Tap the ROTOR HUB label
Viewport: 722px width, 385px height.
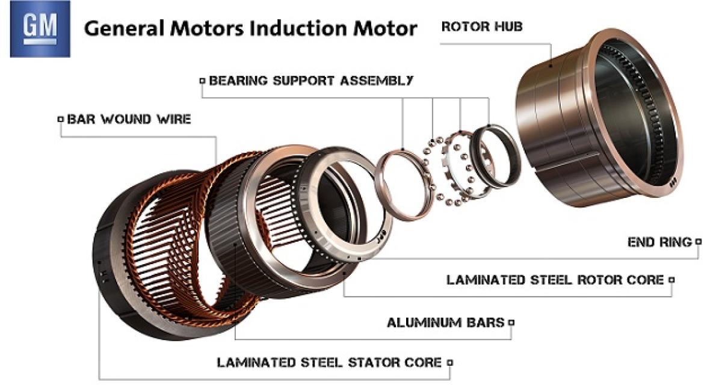pyautogui.click(x=482, y=27)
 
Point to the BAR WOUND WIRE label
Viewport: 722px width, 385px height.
pyautogui.click(x=129, y=119)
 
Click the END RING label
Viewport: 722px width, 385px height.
pyautogui.click(x=659, y=242)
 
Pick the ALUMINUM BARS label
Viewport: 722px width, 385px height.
pyautogui.click(x=445, y=322)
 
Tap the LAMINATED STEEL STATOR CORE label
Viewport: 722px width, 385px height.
pyautogui.click(x=329, y=363)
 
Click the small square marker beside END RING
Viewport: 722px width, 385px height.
pyautogui.click(x=698, y=242)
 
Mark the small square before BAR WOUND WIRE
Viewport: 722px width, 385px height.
pyautogui.click(x=60, y=119)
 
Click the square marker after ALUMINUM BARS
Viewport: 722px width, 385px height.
pyautogui.click(x=511, y=322)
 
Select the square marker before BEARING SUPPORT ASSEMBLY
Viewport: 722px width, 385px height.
pyautogui.click(x=202, y=80)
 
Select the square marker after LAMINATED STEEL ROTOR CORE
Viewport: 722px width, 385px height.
pyautogui.click(x=671, y=280)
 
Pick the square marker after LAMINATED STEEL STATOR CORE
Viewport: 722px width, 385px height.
pyautogui.click(x=449, y=363)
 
